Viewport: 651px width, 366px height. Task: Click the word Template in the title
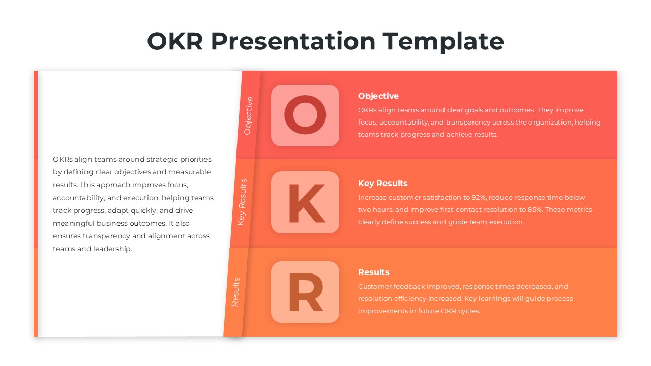click(443, 41)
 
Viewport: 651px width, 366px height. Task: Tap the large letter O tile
click(305, 116)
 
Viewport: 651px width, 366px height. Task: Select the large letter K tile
click(305, 203)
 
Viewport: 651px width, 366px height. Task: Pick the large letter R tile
click(305, 292)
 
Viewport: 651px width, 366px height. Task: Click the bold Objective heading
click(378, 96)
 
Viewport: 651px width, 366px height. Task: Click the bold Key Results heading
click(382, 184)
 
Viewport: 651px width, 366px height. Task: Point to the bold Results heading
click(373, 272)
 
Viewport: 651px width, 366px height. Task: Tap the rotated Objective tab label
click(248, 115)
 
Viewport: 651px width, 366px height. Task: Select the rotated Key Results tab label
click(242, 202)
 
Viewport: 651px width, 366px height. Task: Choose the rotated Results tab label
click(235, 292)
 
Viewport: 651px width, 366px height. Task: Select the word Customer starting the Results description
click(373, 287)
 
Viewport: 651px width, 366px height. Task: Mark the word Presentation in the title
click(293, 41)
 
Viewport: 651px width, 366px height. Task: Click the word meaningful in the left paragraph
click(74, 224)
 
